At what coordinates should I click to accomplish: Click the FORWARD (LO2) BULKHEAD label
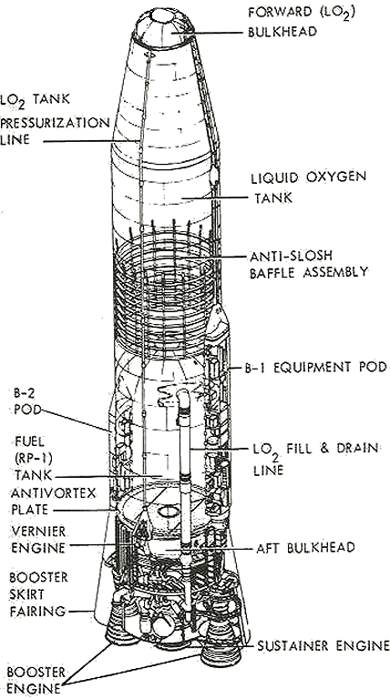tap(302, 22)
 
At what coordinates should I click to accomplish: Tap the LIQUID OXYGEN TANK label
tap(308, 187)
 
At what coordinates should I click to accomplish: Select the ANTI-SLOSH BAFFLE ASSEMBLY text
tap(309, 264)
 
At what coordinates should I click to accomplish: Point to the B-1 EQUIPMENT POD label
tap(315, 368)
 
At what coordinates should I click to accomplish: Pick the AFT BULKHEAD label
tap(305, 547)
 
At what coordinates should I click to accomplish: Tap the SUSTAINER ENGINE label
tap(323, 645)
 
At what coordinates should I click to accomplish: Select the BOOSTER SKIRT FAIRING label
tap(38, 594)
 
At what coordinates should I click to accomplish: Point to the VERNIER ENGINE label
tap(38, 540)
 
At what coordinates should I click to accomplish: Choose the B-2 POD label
tap(27, 400)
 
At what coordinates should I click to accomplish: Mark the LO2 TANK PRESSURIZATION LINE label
tap(55, 118)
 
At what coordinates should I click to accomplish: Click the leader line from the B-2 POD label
tap(75, 420)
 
